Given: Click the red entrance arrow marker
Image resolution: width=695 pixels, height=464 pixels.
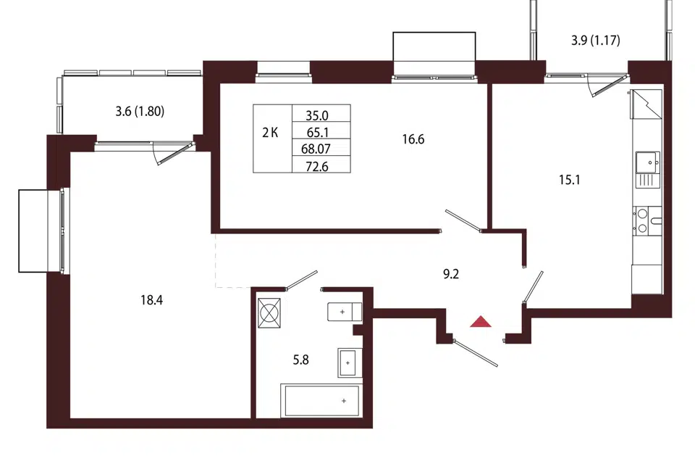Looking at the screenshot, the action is (x=481, y=322).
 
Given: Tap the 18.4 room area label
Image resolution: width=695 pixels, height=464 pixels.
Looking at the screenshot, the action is (x=151, y=301).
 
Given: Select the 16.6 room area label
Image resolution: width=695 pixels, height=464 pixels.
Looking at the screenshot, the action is (x=413, y=139).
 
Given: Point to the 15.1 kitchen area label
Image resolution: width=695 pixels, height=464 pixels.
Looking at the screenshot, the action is (x=570, y=180).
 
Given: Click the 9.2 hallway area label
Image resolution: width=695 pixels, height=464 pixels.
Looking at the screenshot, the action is (x=451, y=274).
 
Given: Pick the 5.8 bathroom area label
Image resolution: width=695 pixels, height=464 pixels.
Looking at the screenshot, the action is (x=300, y=360).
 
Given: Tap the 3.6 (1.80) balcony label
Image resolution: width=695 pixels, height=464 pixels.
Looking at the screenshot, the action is (x=140, y=111).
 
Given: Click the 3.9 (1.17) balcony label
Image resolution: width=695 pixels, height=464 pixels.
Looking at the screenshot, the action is (x=595, y=41).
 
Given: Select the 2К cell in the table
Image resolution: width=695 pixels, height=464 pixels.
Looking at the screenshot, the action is (x=270, y=133).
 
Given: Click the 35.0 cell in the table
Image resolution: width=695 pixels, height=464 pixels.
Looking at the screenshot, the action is (x=317, y=115).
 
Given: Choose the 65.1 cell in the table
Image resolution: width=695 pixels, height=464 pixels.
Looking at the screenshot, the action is (x=317, y=133).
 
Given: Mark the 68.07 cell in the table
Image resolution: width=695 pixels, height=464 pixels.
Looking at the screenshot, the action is (x=316, y=149).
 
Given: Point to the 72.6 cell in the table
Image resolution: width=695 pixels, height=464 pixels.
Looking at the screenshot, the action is (x=317, y=167).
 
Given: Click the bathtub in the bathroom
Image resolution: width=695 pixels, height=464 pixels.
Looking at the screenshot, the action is (x=321, y=401).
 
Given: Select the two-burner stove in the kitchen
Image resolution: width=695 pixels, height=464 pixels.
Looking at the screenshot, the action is (x=647, y=221).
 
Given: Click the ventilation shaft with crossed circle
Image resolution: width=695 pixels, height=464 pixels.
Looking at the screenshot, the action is (x=269, y=313).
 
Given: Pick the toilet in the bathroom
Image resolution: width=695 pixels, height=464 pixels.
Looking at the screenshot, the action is (x=345, y=312).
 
